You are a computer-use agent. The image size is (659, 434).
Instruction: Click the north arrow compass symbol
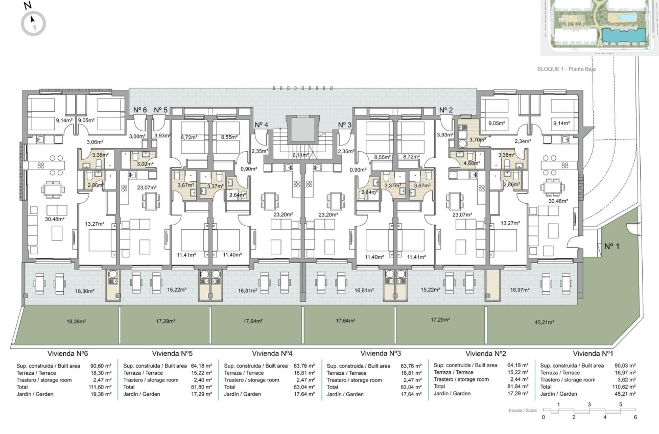point(33,22)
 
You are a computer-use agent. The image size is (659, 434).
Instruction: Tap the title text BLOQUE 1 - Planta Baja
point(567,69)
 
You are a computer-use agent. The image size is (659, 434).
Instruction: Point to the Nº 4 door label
point(261,125)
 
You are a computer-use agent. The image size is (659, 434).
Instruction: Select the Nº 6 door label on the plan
point(140,110)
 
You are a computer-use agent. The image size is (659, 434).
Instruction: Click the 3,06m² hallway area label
point(95,142)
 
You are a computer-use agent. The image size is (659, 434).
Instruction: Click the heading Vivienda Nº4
point(272,353)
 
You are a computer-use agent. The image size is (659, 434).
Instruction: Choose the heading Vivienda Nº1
point(593,353)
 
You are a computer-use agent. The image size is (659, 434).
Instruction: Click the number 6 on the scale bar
point(635,417)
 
